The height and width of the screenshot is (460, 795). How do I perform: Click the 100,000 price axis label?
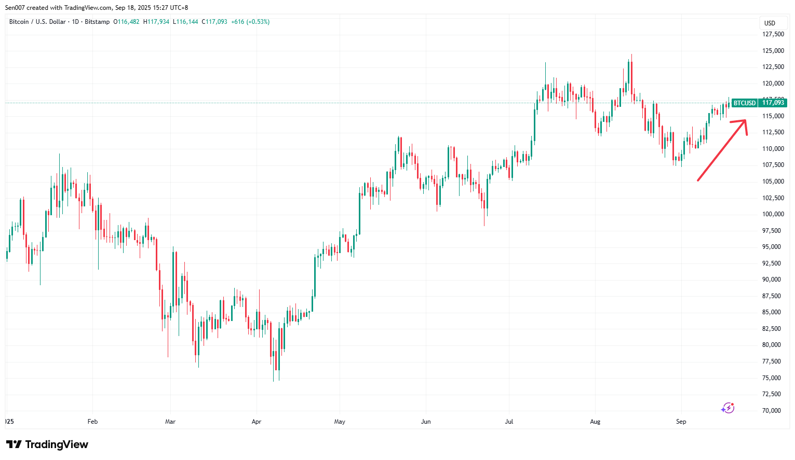(773, 214)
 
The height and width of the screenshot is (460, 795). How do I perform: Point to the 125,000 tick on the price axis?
(773, 51)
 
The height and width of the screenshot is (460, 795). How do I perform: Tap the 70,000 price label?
(773, 411)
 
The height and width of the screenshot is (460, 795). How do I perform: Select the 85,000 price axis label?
(773, 312)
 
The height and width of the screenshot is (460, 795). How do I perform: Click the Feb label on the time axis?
(92, 422)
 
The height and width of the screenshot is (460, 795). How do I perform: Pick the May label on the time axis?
(340, 422)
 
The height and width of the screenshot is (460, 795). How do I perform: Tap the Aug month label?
(595, 422)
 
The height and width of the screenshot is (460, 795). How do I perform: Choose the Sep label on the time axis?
(681, 422)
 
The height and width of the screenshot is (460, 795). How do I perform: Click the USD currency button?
(770, 23)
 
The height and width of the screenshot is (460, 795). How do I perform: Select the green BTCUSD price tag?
(744, 103)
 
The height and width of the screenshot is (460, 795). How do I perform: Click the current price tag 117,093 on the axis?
(773, 103)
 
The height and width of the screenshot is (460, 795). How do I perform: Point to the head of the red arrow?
(745, 121)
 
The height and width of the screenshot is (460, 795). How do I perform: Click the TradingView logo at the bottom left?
(47, 444)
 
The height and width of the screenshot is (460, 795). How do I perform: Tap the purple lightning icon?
(727, 408)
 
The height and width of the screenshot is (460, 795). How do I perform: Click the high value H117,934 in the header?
(156, 22)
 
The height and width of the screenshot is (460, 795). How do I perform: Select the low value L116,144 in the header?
(185, 22)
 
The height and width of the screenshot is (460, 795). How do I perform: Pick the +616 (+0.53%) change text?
(250, 22)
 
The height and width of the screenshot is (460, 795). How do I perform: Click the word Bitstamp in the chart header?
(97, 22)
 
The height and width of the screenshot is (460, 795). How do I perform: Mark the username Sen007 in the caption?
(15, 8)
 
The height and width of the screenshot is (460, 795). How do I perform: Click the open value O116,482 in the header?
(127, 22)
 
